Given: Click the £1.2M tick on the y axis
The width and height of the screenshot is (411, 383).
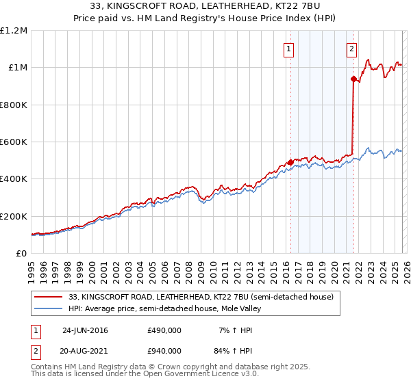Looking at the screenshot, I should coord(14,31).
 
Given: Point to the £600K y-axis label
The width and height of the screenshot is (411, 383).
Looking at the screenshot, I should coord(14,142).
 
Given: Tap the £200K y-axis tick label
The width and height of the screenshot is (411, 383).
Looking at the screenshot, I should coord(14,216).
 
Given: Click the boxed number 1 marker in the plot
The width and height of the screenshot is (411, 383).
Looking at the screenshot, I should coord(289,49).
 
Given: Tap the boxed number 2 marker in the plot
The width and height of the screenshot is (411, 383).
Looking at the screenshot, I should coord(351,49).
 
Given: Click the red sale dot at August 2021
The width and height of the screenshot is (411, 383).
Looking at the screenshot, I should coord(353,79).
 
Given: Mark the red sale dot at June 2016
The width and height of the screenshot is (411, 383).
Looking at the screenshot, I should coord(290,162).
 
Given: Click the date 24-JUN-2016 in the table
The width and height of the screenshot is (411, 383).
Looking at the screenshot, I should coord(85,330).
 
